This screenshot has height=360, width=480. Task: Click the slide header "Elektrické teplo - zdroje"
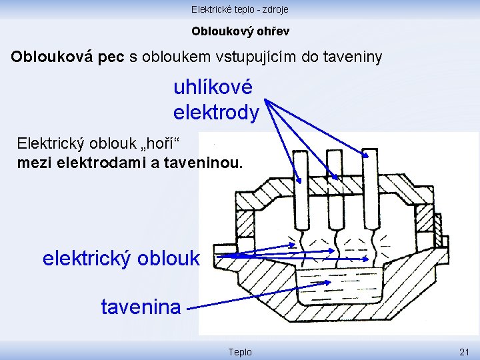240,9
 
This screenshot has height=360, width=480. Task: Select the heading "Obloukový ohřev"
240,31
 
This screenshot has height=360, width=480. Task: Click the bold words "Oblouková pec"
67,57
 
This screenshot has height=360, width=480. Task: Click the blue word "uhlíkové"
213,87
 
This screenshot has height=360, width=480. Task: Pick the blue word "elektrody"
216,113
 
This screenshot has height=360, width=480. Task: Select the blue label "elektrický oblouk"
121,258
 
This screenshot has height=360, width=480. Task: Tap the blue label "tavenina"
141,307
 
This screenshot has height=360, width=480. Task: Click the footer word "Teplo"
240,352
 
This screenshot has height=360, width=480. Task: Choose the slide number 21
465,352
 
